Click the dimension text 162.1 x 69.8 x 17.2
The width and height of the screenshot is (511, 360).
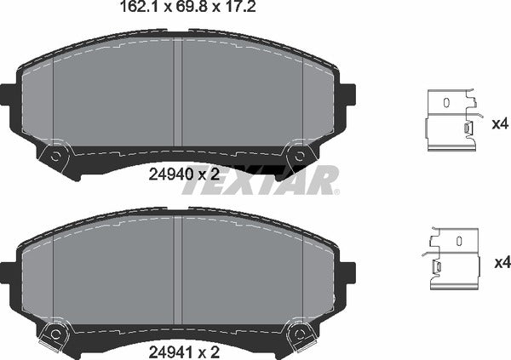point(175,11)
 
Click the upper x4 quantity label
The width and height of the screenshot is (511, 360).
point(500,123)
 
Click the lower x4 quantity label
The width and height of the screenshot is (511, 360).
point(500,262)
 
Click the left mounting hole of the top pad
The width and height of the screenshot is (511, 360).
point(55,157)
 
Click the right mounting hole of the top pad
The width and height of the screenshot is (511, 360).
point(298,157)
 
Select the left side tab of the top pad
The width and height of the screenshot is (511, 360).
point(8,94)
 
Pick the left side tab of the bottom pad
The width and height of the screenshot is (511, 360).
point(8,271)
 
